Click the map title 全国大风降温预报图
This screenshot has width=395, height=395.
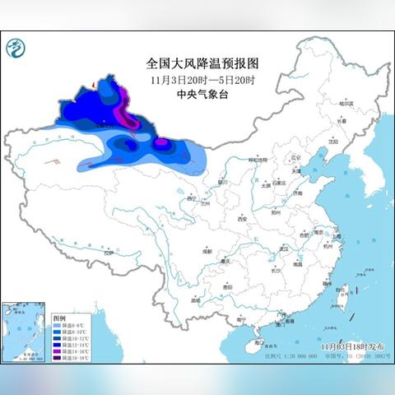tap(197, 63)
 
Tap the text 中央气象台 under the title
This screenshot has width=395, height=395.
tap(197, 93)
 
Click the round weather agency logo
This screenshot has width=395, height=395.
tap(16, 53)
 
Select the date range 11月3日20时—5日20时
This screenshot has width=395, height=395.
tap(197, 78)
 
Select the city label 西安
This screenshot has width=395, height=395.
tap(242, 220)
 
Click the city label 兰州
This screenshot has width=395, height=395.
tap(209, 201)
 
